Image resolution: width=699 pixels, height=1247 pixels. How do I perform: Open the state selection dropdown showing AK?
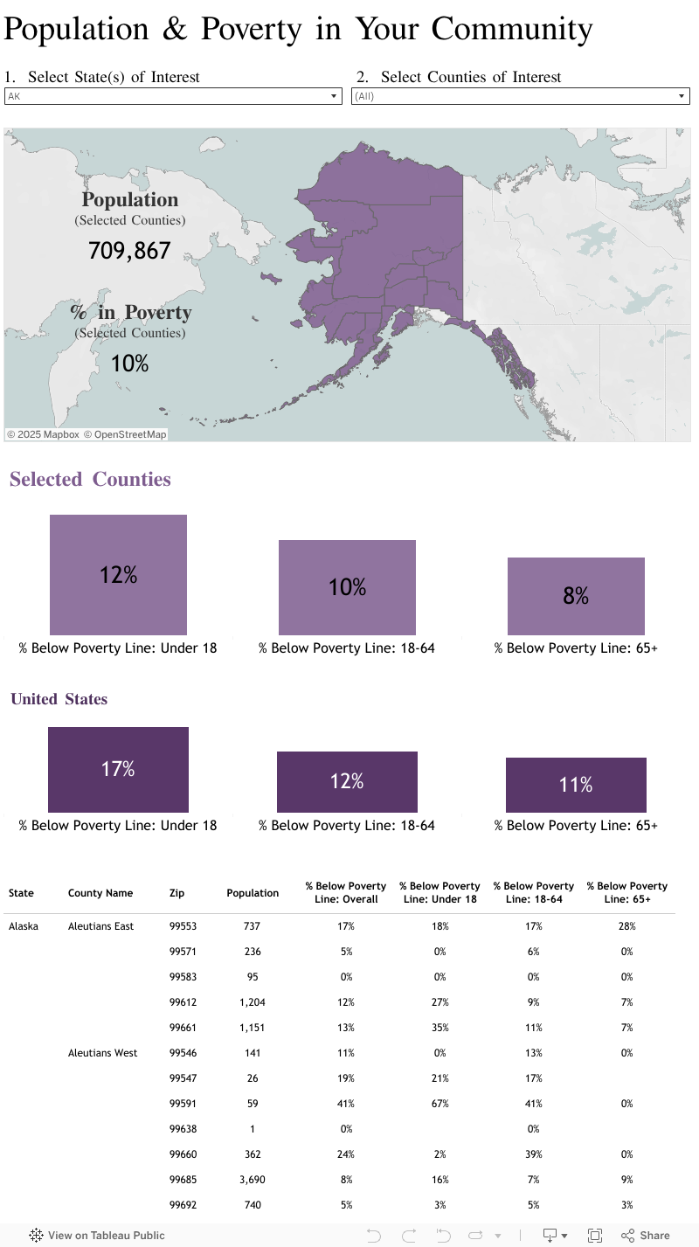click(x=172, y=96)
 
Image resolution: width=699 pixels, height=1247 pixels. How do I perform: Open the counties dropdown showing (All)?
click(x=521, y=96)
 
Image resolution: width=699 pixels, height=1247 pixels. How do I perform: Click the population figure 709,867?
click(x=129, y=252)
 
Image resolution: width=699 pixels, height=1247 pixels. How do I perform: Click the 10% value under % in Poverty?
click(x=129, y=364)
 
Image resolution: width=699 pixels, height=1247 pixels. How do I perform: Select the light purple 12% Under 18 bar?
click(x=118, y=574)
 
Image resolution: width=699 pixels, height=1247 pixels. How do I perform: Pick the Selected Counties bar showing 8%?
click(x=576, y=596)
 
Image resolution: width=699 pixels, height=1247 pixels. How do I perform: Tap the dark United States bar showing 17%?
click(x=118, y=769)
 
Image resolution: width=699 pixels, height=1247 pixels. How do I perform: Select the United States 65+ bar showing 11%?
click(x=576, y=785)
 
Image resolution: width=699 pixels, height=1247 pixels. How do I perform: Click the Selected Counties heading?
click(x=90, y=479)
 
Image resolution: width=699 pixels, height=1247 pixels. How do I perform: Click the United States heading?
click(x=59, y=699)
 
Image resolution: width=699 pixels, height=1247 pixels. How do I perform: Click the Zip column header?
click(x=177, y=893)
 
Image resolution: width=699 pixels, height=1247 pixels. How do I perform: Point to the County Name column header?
click(x=100, y=893)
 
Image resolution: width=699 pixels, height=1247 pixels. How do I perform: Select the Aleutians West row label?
click(x=102, y=1053)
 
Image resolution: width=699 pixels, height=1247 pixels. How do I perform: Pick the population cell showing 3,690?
click(x=253, y=1180)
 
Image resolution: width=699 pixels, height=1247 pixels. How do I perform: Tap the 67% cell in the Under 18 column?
click(x=439, y=1104)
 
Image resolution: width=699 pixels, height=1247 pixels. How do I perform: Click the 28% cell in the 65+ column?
click(x=626, y=926)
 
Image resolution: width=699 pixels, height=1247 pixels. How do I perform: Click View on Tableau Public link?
click(x=97, y=1236)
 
